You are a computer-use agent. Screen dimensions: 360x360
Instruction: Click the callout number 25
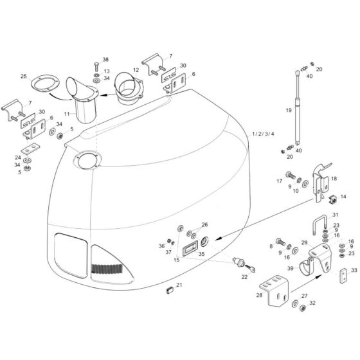pyautogui.click(x=25, y=77)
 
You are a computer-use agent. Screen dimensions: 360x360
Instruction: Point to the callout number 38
pyautogui.click(x=106, y=59)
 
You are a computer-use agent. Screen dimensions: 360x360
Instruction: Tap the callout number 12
pyautogui.click(x=136, y=69)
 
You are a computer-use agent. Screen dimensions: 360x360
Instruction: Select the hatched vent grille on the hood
pyautogui.click(x=111, y=268)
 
